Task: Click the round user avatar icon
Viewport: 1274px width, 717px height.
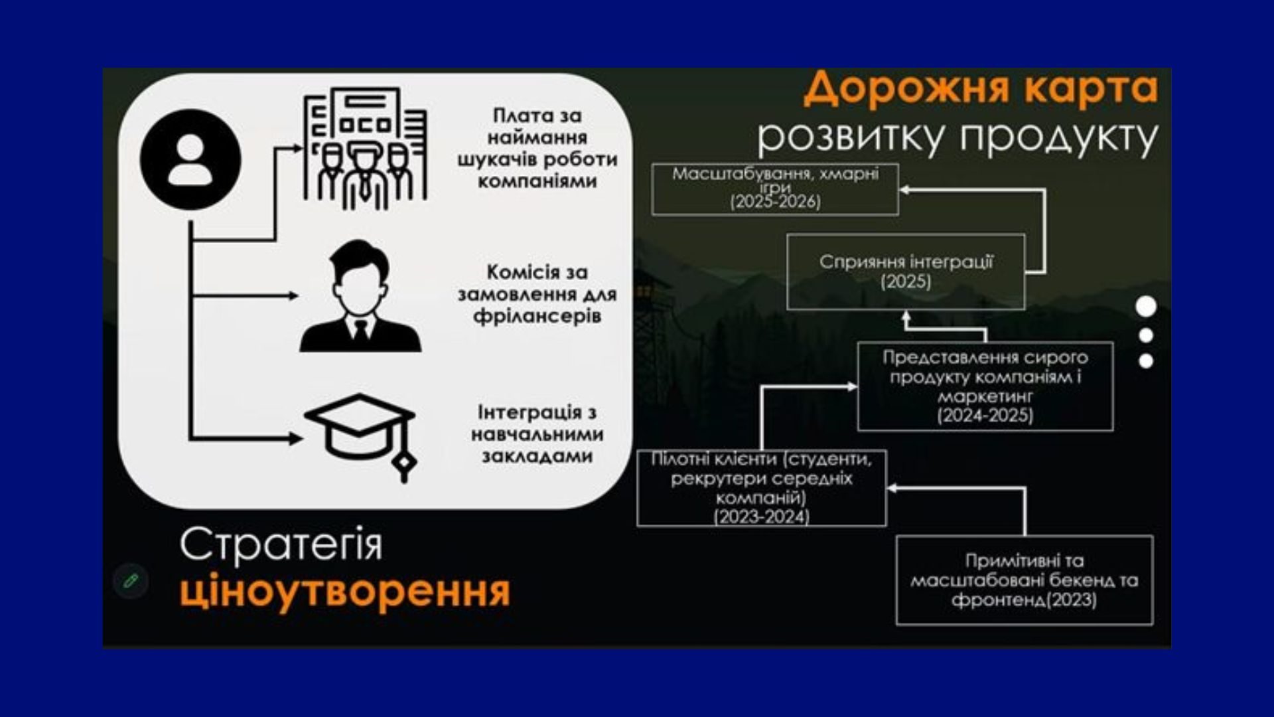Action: pos(190,160)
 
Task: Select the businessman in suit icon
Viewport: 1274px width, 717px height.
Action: pos(360,295)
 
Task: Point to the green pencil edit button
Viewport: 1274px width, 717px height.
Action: pos(131,581)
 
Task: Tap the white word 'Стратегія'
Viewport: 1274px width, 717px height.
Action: pos(281,545)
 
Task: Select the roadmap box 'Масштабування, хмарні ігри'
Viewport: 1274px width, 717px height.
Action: pos(775,189)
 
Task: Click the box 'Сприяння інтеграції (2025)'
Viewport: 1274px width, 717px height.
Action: pos(906,272)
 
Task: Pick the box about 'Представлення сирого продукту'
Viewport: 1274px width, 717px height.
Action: pos(985,386)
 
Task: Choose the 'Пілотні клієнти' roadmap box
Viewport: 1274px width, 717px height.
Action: pos(762,488)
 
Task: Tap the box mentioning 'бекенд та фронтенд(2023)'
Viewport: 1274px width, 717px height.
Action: pos(1025,580)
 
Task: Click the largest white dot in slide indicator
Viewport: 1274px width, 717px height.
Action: pos(1146,307)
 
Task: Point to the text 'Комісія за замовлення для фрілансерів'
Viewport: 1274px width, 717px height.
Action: pos(537,294)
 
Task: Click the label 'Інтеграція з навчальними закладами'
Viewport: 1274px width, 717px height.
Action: pos(537,434)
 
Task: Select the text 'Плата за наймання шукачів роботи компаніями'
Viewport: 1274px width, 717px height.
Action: pos(537,148)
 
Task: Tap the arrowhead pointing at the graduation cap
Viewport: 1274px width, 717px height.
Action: pos(296,438)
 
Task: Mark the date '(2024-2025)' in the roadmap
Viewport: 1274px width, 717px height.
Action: pos(985,416)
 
